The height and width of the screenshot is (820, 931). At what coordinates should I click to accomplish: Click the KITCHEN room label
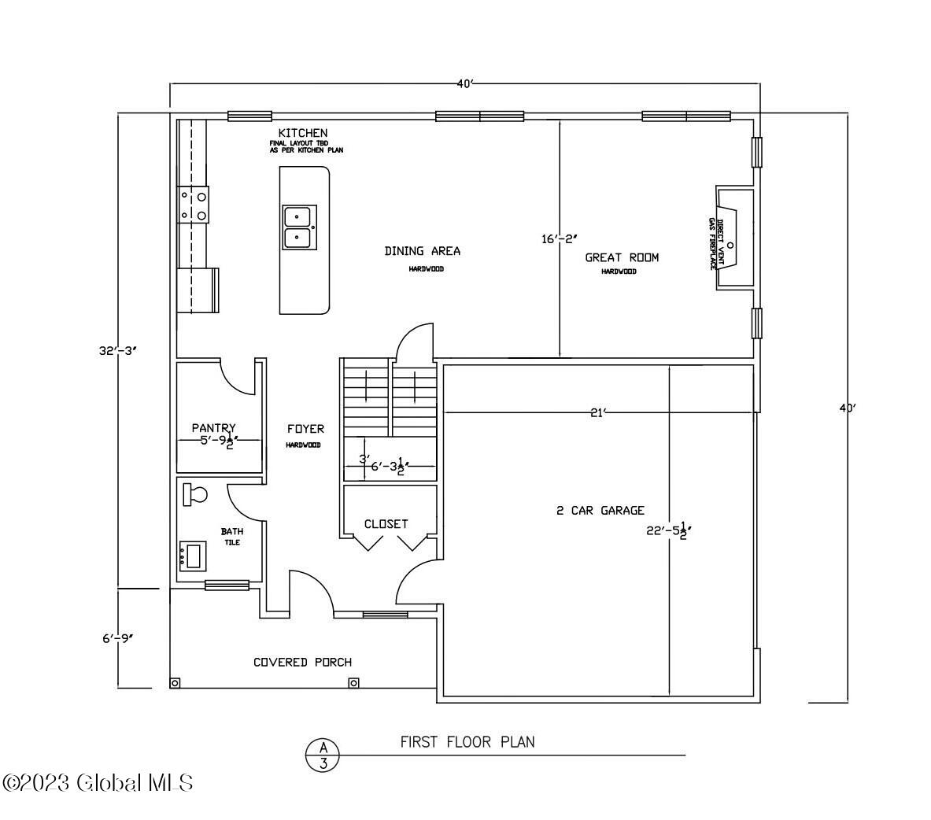click(x=303, y=132)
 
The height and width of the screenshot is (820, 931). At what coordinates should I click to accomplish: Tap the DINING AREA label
click(x=422, y=251)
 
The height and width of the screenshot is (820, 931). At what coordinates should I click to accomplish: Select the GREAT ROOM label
click(x=622, y=257)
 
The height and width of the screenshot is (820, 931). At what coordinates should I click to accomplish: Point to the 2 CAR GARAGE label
click(x=600, y=510)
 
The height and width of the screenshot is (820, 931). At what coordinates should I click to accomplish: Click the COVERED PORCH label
click(x=302, y=662)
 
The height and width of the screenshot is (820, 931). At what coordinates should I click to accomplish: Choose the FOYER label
click(x=305, y=429)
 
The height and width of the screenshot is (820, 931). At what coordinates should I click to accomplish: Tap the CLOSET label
click(x=386, y=523)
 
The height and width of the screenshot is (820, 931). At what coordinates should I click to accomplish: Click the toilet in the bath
click(x=194, y=494)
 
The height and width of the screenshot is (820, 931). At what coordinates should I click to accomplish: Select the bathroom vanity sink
click(x=193, y=555)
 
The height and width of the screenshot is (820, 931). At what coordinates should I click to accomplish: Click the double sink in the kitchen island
click(x=298, y=226)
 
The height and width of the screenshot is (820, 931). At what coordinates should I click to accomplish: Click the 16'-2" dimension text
click(x=559, y=238)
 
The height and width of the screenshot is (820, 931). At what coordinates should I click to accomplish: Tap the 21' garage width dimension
click(x=598, y=412)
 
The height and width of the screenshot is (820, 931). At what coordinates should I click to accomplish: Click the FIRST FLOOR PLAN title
click(x=467, y=741)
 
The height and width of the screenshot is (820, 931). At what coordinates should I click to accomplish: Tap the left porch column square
click(x=175, y=682)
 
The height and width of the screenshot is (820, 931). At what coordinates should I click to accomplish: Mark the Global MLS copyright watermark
click(x=98, y=782)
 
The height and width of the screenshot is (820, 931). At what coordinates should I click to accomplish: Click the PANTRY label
click(x=213, y=428)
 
